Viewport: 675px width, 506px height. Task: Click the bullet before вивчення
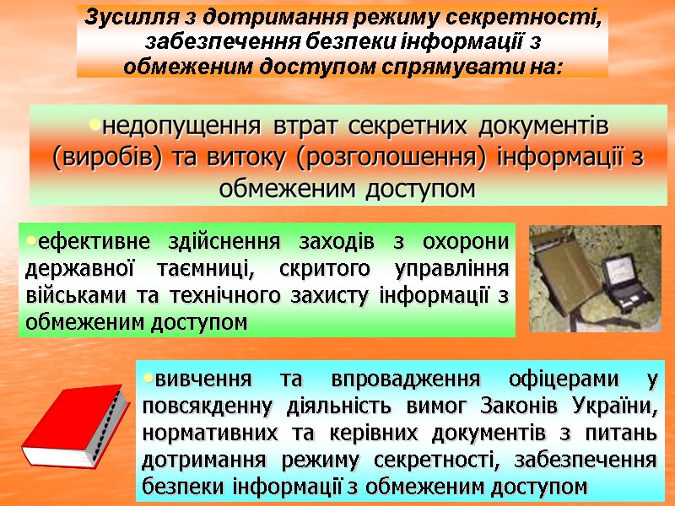148,377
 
